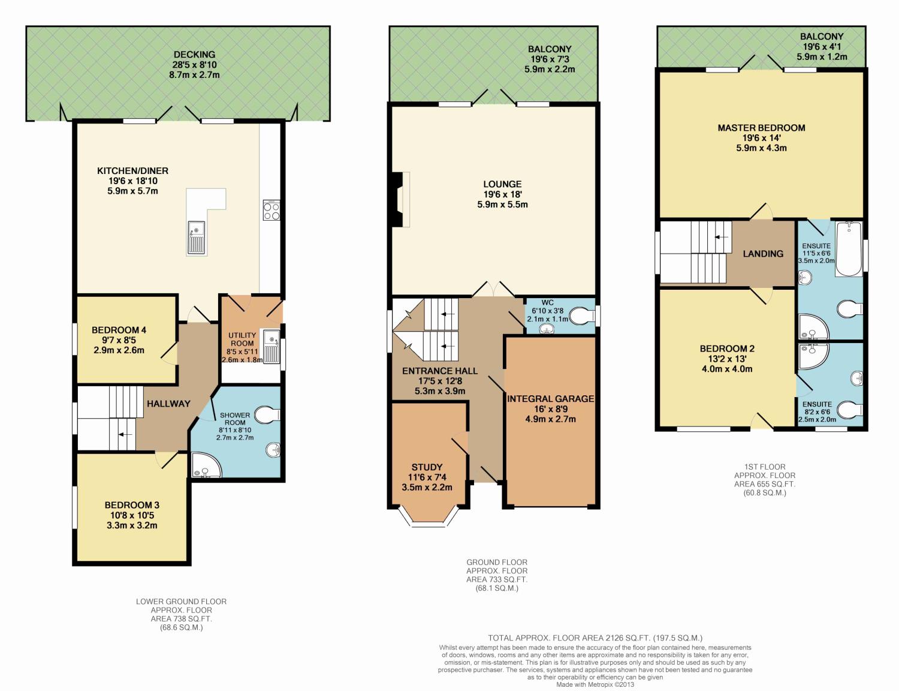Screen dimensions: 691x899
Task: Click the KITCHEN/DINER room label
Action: click(x=132, y=171)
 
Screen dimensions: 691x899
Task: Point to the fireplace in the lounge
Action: click(x=399, y=200)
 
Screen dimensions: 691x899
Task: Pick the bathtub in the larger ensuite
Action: click(x=848, y=248)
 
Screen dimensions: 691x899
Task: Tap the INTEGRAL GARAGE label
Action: click(x=550, y=398)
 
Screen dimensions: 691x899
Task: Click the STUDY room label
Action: click(x=427, y=467)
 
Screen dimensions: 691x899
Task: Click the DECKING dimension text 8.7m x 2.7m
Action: click(x=194, y=75)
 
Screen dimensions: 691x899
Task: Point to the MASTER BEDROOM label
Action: click(x=761, y=128)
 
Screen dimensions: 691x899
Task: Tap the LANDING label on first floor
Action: click(x=763, y=254)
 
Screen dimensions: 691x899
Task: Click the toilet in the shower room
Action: click(x=268, y=414)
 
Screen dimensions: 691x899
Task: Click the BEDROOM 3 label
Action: click(x=132, y=505)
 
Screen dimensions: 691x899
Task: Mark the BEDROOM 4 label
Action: click(x=119, y=330)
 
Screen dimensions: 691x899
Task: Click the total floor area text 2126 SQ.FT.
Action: click(x=595, y=638)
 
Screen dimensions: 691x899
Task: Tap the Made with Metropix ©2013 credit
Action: click(x=595, y=684)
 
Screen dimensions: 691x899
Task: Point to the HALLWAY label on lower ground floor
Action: click(x=168, y=404)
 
